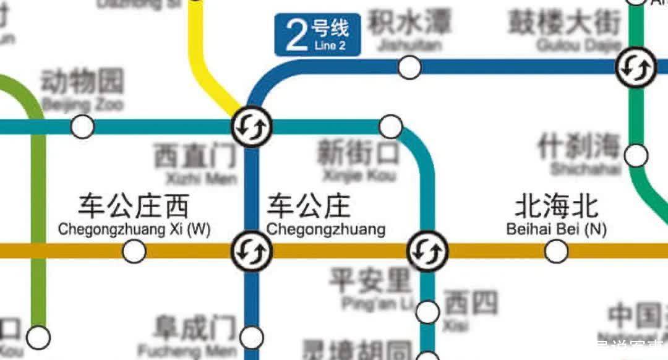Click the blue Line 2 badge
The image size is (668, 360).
coord(317,35)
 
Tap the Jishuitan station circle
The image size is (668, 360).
coord(409,67)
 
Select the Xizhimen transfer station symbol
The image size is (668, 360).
coord(252,127)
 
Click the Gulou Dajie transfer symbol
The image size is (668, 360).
coord(636,67)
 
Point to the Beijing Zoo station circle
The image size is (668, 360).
coord(82,127)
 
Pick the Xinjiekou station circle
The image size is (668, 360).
coord(390,127)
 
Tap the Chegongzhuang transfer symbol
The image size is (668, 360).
coord(252,251)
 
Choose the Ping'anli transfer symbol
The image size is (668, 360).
coord(427,251)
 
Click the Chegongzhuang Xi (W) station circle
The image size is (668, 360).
coord(134,251)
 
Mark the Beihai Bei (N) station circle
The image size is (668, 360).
coord(556,251)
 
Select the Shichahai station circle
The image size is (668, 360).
coord(636,155)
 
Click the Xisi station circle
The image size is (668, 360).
coord(427,312)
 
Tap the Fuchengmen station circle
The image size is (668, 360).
coord(252,337)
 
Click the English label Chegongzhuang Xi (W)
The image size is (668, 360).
coord(134,230)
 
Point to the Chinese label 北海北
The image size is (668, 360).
coord(557,208)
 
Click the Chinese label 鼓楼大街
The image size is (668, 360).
coord(563,24)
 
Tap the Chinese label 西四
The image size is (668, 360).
coord(471,303)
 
